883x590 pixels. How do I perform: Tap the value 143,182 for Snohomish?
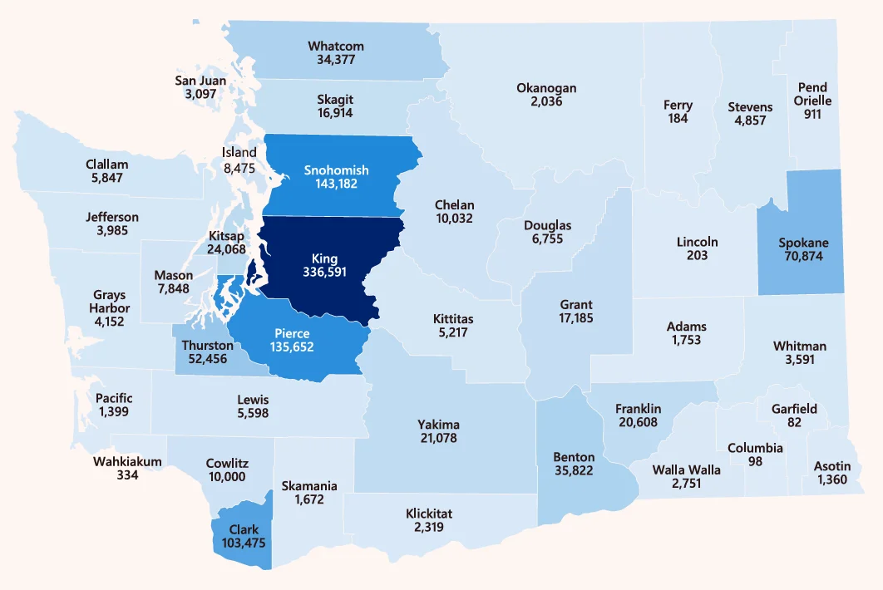336,184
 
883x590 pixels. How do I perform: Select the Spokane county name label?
803,243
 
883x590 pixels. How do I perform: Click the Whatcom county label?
336,47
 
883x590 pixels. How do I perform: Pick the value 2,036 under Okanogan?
546,101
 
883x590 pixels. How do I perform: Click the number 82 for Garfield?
794,422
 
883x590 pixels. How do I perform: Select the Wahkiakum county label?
126,462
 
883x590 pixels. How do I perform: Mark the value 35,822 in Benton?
574,470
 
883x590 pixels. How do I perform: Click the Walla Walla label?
686,470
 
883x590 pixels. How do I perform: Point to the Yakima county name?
438,425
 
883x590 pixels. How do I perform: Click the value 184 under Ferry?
678,119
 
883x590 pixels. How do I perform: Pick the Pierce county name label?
292,333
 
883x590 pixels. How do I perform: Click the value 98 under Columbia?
755,461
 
